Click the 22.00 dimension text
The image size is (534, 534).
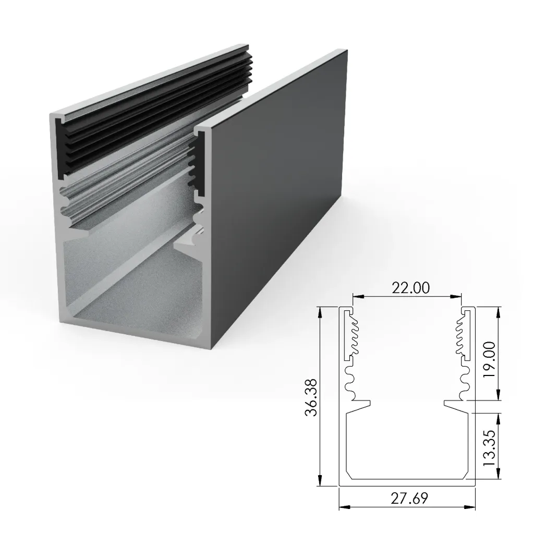coord(407,287)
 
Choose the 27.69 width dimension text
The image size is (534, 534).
coord(407,499)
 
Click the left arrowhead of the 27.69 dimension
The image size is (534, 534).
coord(342,506)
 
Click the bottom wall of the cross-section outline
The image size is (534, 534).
coord(407,482)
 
